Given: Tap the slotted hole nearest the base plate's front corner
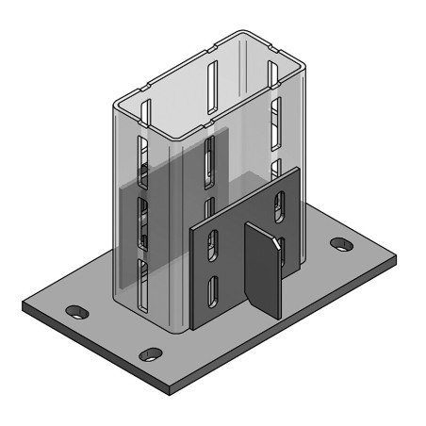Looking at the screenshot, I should [x=151, y=354].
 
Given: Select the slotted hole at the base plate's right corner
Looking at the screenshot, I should [x=338, y=244].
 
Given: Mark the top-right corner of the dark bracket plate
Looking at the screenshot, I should [x=299, y=169].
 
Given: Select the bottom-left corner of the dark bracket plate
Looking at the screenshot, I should [x=191, y=327].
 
